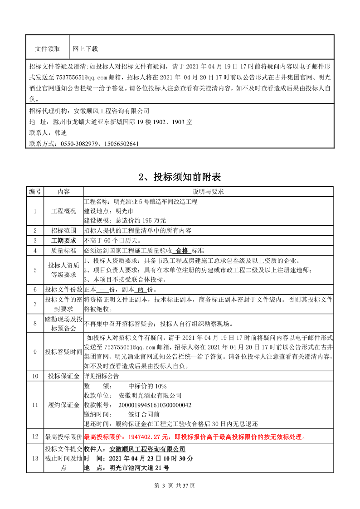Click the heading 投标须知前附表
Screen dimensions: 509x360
pos(180,176)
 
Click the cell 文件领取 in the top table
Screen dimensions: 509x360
pos(48,48)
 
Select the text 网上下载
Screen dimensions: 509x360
pos(86,48)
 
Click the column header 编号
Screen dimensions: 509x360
pos(35,192)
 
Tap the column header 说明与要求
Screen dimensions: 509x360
pos(208,192)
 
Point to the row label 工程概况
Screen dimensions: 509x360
pos(63,211)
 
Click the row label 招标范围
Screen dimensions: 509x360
pos(63,230)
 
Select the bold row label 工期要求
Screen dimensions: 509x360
pos(63,240)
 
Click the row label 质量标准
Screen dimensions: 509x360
pos(63,250)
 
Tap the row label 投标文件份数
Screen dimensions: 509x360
pos(63,289)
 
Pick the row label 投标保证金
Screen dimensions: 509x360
pos(63,376)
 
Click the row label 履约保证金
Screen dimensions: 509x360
pos(63,405)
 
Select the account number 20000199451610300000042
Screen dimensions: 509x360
pos(155,405)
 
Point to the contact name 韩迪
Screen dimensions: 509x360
pos(60,133)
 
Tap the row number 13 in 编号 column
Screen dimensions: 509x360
pos(35,458)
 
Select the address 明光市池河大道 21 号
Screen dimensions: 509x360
pos(139,468)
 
